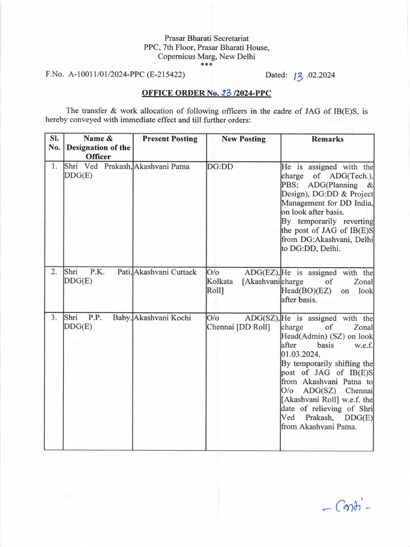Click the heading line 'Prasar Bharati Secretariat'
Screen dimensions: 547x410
pos(207,38)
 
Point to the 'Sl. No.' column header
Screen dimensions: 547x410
pos(54,143)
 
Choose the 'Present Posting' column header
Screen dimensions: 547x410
pos(170,139)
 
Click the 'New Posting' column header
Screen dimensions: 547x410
pos(243,139)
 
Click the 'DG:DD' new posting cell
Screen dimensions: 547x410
pos(220,166)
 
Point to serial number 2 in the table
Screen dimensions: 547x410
pos(54,272)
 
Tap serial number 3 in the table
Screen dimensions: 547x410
pos(54,318)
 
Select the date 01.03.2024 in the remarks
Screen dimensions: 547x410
pos(301,354)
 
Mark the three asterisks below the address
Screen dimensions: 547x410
pos(206,64)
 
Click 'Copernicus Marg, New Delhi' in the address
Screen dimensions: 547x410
pos(207,56)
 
